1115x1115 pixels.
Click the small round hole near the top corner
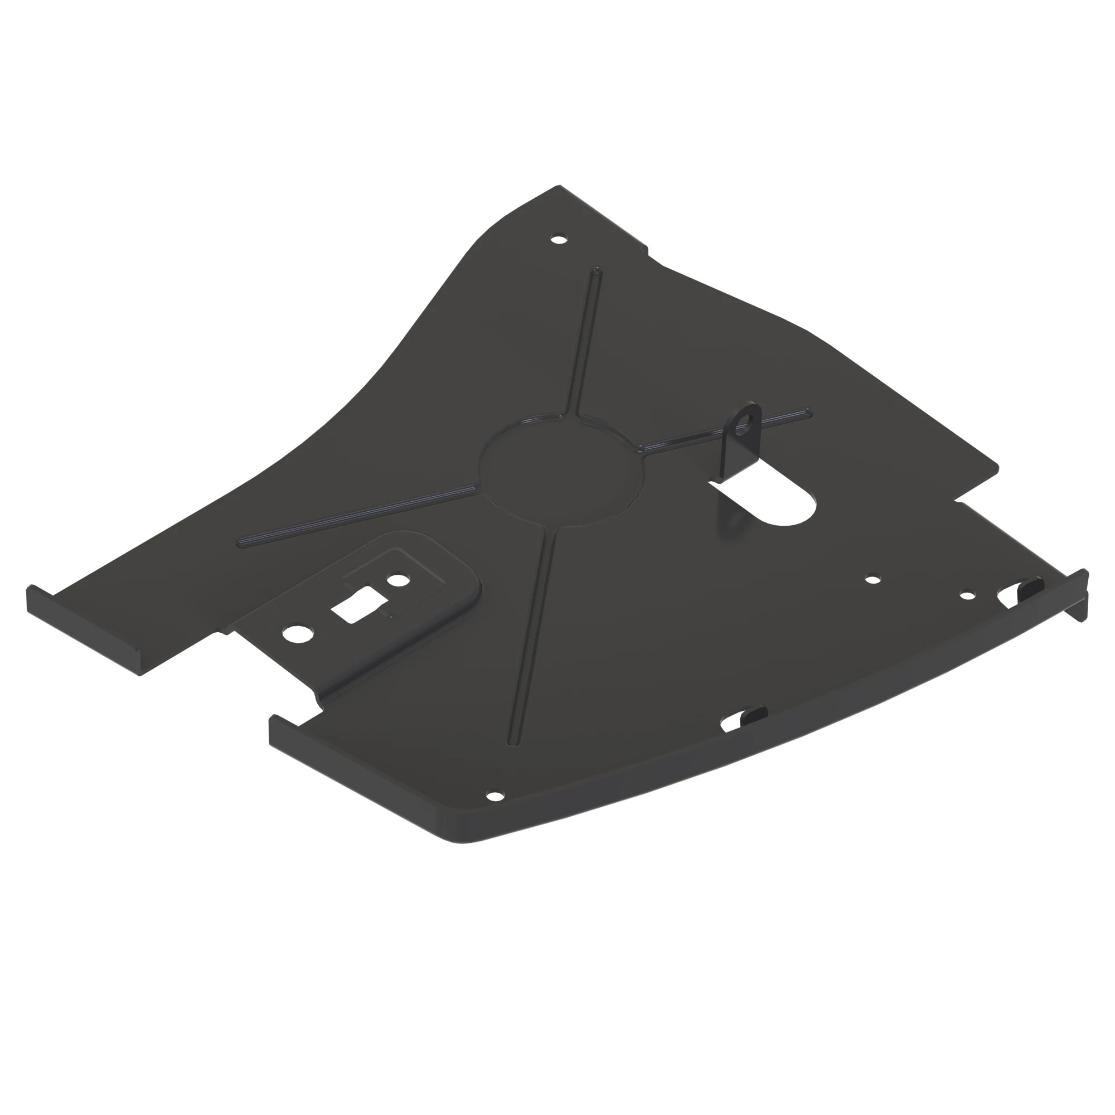pos(557,239)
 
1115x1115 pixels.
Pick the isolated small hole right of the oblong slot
pos(873,578)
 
